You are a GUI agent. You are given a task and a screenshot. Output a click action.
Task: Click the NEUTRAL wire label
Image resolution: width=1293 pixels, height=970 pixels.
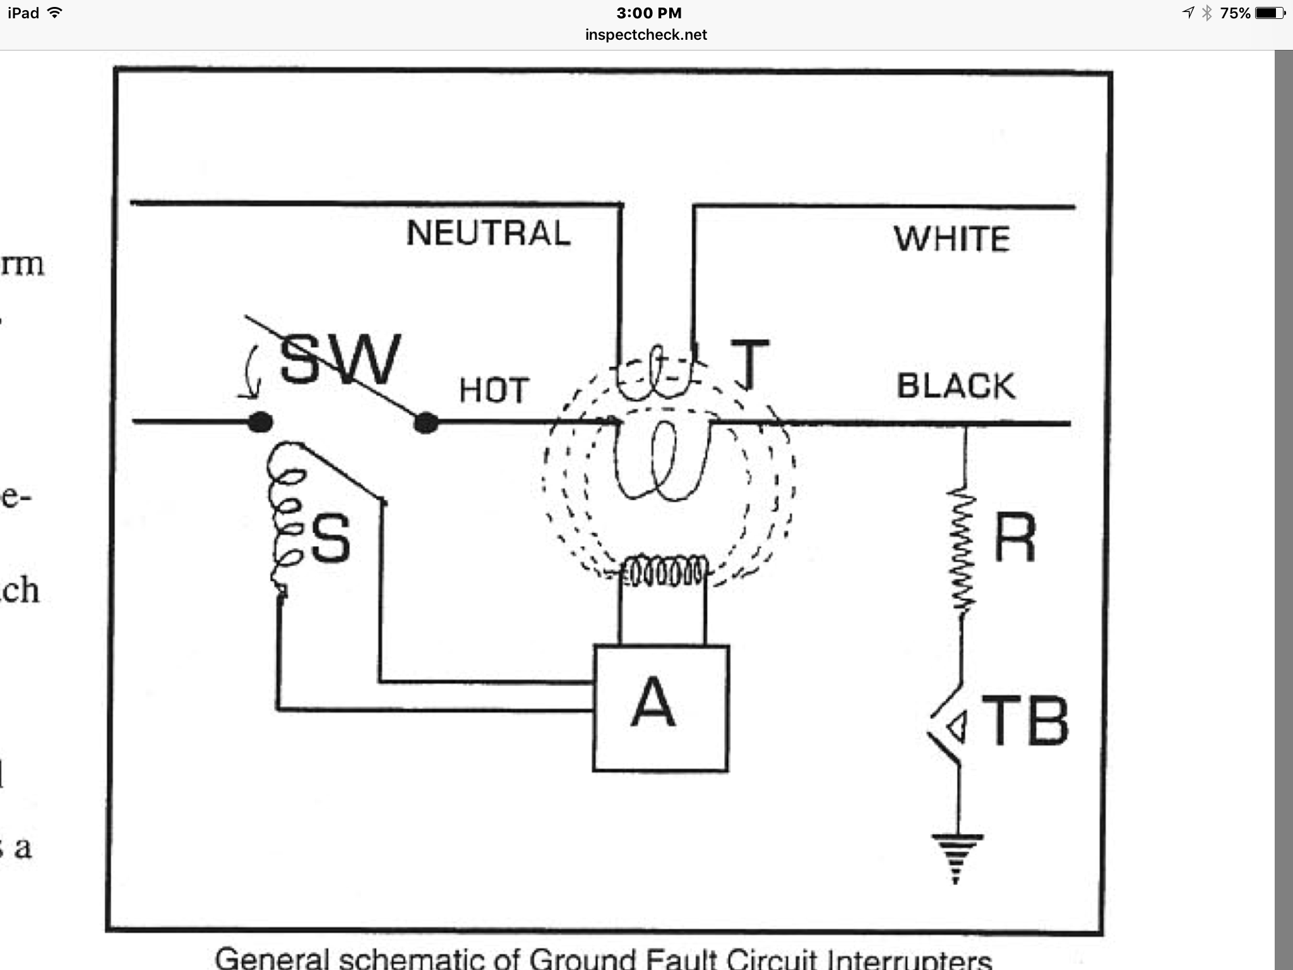488,233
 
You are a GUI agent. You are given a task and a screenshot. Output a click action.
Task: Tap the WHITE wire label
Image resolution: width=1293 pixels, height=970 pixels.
952,239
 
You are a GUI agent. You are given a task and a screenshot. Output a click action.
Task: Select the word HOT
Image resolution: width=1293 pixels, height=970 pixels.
493,390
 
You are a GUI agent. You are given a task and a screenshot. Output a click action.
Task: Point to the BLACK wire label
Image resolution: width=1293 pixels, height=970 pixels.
956,386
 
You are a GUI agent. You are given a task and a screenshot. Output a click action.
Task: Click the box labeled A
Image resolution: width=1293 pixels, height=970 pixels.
660,708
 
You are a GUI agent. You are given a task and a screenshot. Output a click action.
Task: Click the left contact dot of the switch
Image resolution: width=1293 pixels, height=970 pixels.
260,422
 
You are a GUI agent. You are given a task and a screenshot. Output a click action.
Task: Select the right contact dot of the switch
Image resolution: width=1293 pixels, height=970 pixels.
426,422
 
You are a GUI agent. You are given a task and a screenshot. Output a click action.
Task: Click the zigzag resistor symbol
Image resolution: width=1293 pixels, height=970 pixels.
962,549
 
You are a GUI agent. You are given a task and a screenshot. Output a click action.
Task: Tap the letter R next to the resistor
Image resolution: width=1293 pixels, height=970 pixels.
1015,537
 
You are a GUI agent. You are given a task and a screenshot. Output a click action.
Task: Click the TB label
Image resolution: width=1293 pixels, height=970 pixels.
1024,721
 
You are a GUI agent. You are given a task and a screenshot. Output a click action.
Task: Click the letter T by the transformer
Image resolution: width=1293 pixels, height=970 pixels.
749,364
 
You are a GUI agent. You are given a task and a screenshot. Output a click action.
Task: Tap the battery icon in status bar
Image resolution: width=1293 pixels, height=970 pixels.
1269,13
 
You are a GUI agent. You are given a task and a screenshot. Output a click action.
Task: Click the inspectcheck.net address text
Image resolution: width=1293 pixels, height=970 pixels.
646,35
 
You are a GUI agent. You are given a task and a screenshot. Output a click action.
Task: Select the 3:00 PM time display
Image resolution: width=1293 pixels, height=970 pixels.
648,13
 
